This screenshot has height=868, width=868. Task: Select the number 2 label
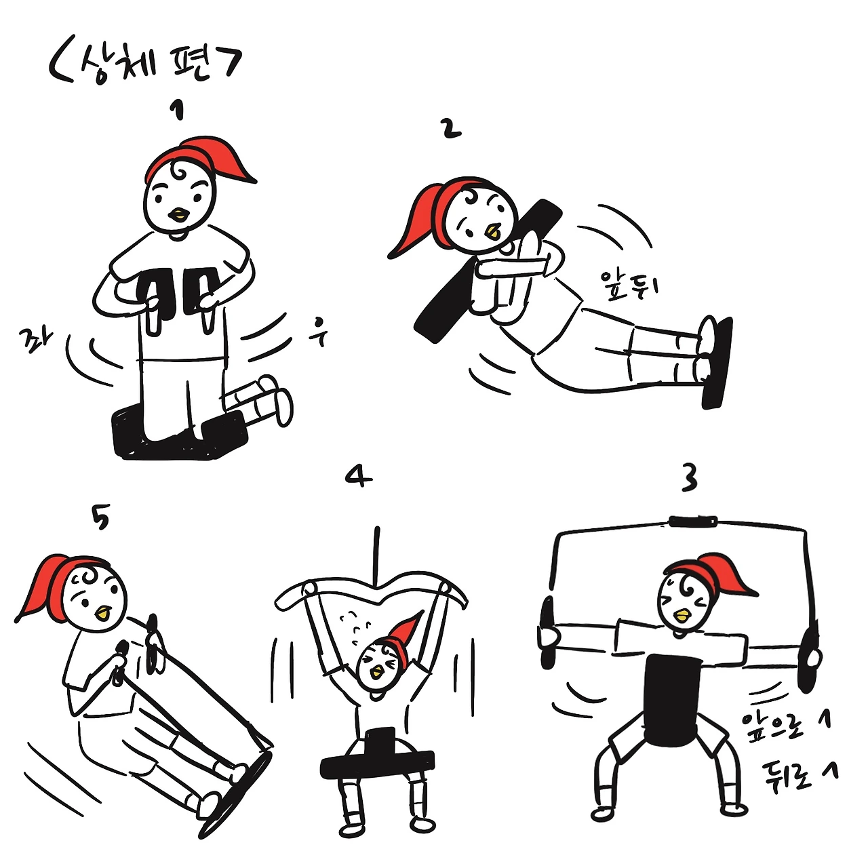tap(452, 130)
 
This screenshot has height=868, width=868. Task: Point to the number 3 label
tap(689, 477)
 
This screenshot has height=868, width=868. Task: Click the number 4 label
tap(359, 476)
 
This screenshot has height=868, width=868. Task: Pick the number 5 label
tap(101, 517)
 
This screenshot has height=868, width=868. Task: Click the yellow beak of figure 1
tap(180, 214)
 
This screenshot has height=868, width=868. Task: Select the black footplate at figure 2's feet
tap(717, 363)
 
